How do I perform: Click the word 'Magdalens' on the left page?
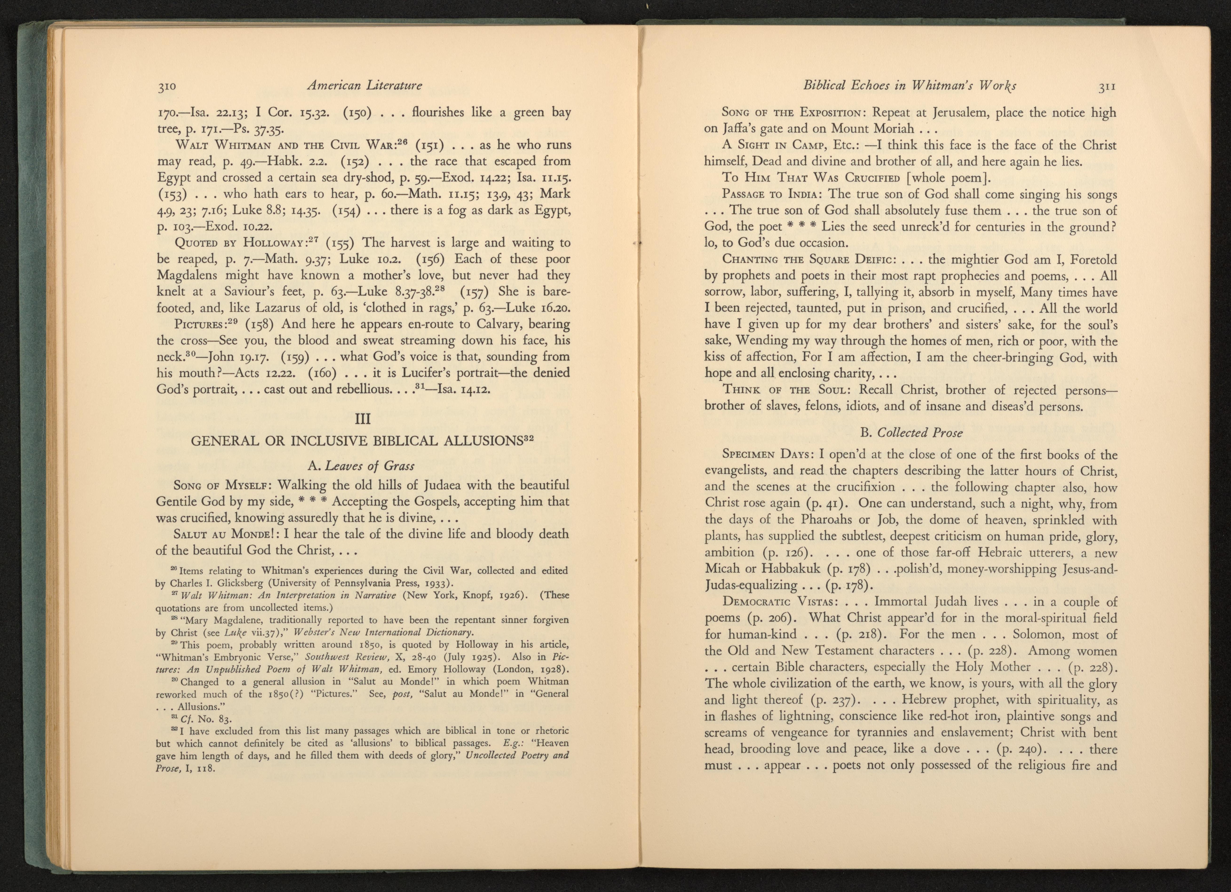click(x=187, y=275)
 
